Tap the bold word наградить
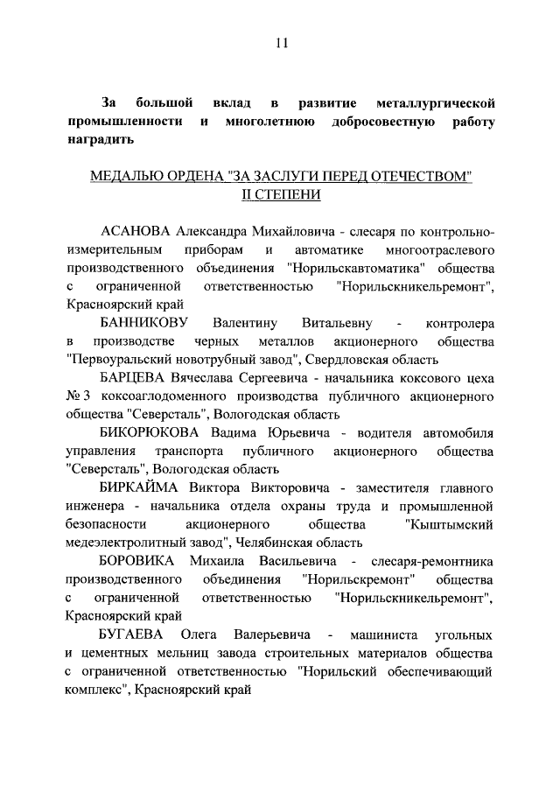(100, 140)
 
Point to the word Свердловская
(342, 359)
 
